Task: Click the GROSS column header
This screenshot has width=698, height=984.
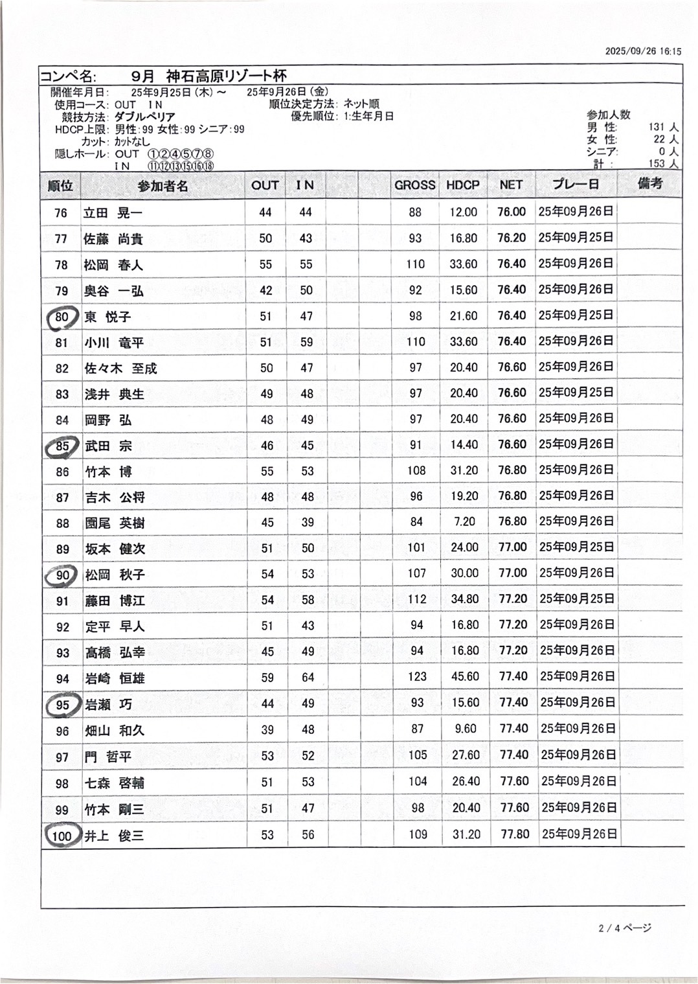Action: (414, 185)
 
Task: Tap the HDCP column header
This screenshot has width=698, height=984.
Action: (463, 185)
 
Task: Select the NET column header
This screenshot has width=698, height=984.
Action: (511, 185)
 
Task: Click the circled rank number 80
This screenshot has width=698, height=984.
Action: (62, 317)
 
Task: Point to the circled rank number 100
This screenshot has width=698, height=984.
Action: (62, 836)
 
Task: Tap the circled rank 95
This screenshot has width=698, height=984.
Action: (62, 705)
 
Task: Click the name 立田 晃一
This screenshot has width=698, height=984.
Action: (113, 213)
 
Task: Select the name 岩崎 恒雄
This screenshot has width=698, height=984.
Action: (115, 678)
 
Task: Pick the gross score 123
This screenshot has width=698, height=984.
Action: (417, 677)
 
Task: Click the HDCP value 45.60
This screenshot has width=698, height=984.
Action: (466, 677)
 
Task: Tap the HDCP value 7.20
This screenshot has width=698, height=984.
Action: (465, 522)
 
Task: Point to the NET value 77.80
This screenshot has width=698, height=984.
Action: (515, 834)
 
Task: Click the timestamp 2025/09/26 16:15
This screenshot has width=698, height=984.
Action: (643, 51)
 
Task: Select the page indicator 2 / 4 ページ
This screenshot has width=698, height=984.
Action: (624, 928)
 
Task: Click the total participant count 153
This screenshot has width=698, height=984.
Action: (657, 164)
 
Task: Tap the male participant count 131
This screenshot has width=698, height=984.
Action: (657, 128)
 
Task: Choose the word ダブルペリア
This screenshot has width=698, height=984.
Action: (145, 117)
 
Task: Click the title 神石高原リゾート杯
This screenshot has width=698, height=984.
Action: (226, 76)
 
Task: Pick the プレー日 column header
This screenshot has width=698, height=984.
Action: (576, 185)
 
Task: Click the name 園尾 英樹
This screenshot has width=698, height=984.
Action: (115, 523)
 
